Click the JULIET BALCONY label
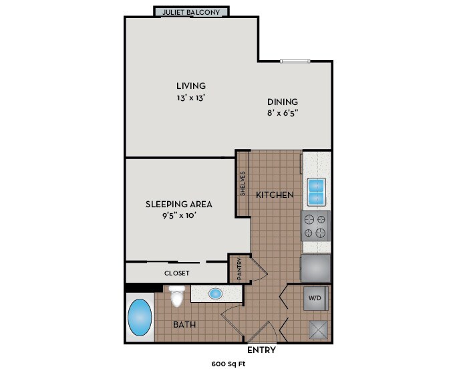[x=191, y=12]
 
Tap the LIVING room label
[x=190, y=86]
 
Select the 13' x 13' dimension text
[x=190, y=98]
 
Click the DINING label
[x=282, y=102]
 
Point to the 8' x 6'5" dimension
[x=282, y=113]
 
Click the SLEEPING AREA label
[x=178, y=204]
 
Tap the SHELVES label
[x=243, y=184]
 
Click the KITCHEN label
[x=275, y=195]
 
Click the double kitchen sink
[x=316, y=192]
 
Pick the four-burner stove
[x=316, y=225]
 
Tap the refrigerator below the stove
[x=316, y=267]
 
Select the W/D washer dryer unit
[x=316, y=298]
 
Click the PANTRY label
[x=239, y=269]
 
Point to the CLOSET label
[x=177, y=273]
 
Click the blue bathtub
[x=140, y=319]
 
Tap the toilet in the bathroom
[x=176, y=297]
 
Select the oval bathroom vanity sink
[x=216, y=293]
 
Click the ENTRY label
[x=261, y=350]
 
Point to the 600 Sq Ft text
[x=229, y=365]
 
